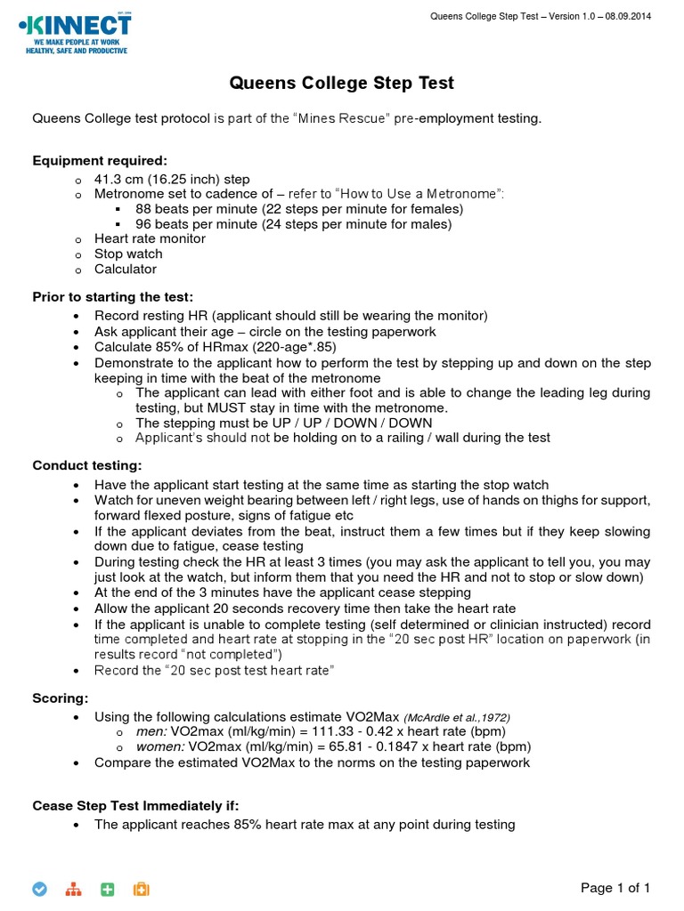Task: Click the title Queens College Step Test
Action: [342, 83]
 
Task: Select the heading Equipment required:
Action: [100, 160]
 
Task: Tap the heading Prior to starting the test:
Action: [113, 296]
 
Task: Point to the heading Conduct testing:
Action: [86, 465]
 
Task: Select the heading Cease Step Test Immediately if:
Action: [135, 805]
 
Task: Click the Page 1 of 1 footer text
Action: [615, 888]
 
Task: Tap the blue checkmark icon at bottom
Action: [39, 889]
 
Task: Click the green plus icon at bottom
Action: [108, 889]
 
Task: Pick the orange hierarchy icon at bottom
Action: [74, 889]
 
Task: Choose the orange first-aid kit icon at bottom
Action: [141, 889]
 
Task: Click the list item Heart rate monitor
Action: [150, 238]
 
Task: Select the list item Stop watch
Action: [128, 254]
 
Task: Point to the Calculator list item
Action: [126, 269]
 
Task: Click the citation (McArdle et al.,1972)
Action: [457, 717]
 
